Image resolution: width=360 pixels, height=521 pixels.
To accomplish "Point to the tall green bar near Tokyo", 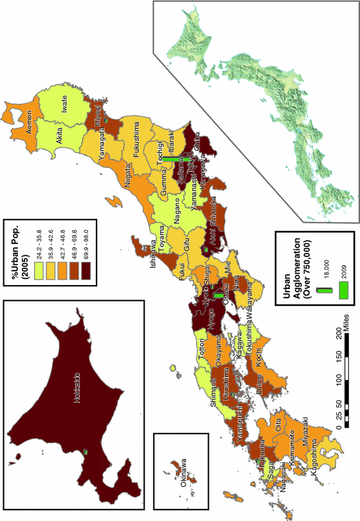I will tap(177, 159).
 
